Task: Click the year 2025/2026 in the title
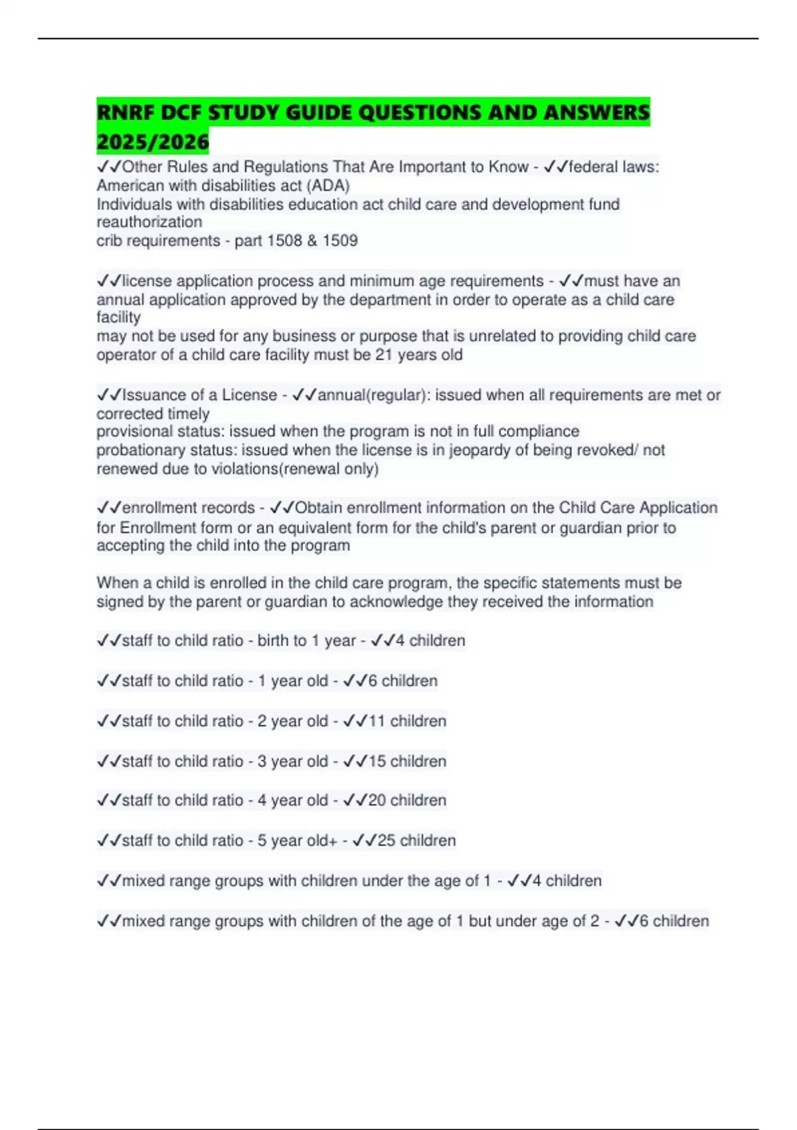[x=153, y=142]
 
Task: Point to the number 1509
[x=340, y=241]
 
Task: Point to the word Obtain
[x=319, y=508]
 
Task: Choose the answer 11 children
[x=407, y=721]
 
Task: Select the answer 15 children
[x=407, y=761]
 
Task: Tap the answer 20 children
[x=407, y=800]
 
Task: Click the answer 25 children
[x=416, y=841]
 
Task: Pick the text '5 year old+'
[x=298, y=841]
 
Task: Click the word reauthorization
[x=149, y=222]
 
